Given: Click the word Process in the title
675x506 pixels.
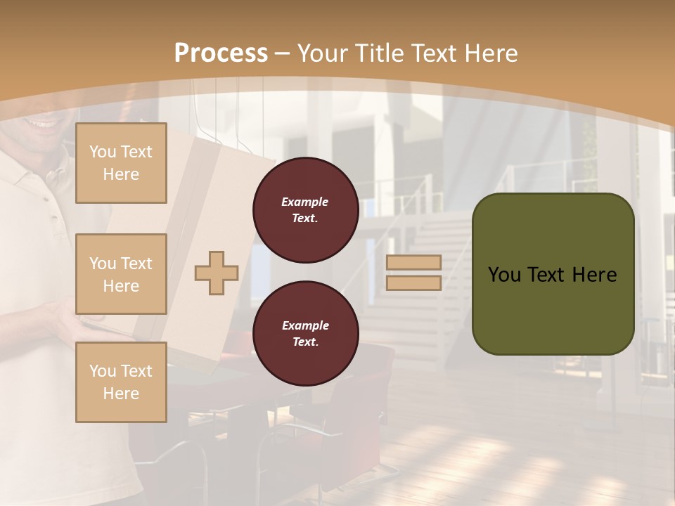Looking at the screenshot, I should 221,53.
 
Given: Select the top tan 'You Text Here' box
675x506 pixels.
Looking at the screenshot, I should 121,163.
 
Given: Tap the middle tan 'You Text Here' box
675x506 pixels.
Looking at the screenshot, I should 121,274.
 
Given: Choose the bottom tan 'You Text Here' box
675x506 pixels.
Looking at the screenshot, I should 121,382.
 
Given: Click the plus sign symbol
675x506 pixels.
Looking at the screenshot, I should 217,273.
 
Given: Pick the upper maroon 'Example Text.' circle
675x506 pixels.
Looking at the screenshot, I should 305,210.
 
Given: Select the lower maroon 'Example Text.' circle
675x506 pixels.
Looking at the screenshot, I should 305,334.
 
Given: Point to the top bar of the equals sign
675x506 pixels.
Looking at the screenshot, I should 413,263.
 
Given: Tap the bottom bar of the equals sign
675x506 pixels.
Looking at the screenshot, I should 413,283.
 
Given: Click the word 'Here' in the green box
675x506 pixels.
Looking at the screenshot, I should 594,275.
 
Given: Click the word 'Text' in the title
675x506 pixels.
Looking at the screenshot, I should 437,53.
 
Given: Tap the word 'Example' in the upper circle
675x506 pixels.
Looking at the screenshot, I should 305,202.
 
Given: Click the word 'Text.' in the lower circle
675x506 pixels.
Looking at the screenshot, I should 305,342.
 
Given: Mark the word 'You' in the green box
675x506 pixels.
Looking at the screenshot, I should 504,275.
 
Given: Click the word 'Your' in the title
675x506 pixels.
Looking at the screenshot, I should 321,53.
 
